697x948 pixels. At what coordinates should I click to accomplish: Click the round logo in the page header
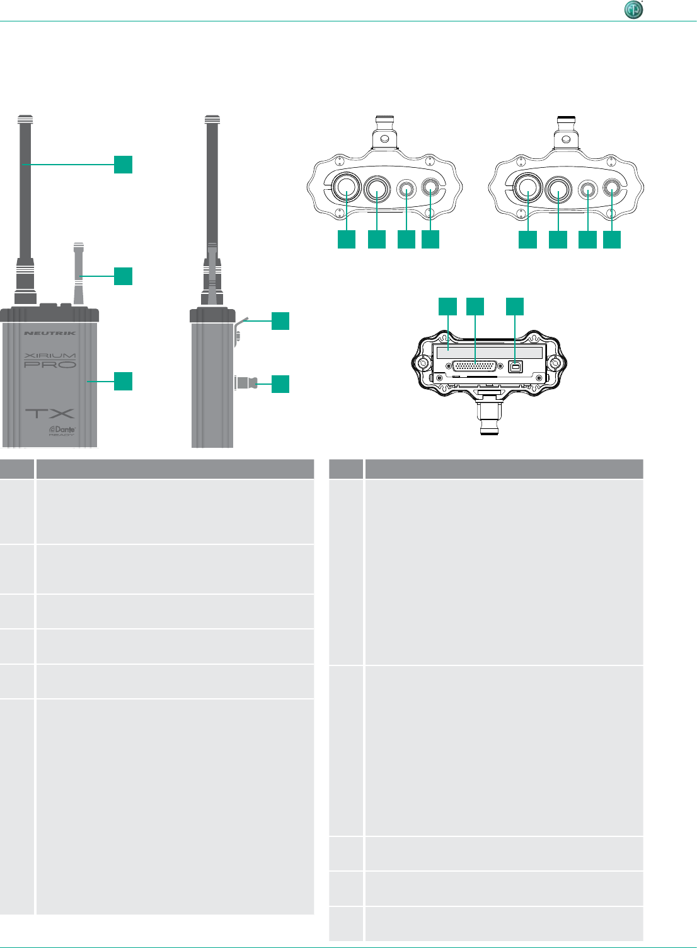(x=633, y=10)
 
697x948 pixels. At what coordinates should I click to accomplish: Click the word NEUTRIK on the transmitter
(x=50, y=333)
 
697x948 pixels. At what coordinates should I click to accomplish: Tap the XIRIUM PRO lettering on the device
(x=50, y=361)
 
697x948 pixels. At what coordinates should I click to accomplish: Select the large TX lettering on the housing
(x=50, y=414)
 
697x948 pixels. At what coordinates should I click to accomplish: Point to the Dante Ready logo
(x=62, y=431)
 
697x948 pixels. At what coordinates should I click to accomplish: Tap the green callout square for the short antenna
(x=123, y=276)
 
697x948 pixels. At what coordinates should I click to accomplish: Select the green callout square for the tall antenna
(x=123, y=164)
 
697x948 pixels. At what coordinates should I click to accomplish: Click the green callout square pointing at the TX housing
(x=123, y=381)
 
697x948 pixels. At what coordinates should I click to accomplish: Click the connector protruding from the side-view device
(x=245, y=382)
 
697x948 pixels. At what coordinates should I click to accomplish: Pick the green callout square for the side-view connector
(x=280, y=383)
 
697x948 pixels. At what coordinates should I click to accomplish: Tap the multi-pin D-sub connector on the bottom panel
(x=475, y=366)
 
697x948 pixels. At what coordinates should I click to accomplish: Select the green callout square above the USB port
(x=515, y=306)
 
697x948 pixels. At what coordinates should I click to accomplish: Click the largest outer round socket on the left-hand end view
(x=346, y=187)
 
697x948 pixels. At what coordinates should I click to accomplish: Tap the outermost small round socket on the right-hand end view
(x=612, y=188)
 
